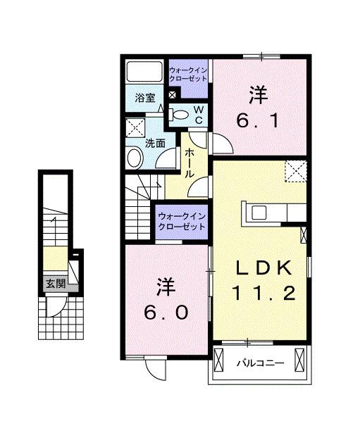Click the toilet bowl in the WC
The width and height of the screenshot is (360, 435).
click(x=179, y=115)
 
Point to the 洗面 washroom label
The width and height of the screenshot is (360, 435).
click(x=155, y=143)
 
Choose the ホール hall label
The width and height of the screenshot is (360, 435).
click(x=190, y=163)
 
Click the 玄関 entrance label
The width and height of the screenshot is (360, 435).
click(x=56, y=284)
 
